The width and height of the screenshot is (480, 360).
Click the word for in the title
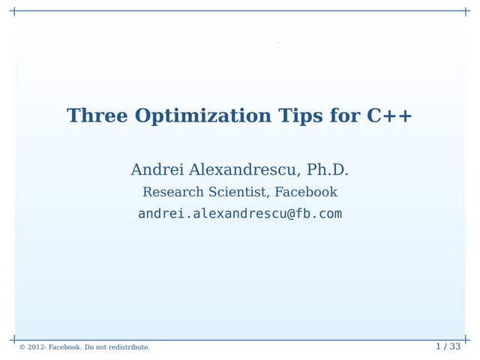pyautogui.click(x=345, y=116)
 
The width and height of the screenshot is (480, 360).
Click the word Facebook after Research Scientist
pyautogui.click(x=306, y=192)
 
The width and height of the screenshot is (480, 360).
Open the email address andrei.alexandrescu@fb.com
pyautogui.click(x=240, y=214)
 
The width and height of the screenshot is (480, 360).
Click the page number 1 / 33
pyautogui.click(x=448, y=346)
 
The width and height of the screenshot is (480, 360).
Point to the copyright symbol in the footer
pyautogui.click(x=22, y=347)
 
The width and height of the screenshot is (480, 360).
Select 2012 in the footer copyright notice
pyautogui.click(x=35, y=347)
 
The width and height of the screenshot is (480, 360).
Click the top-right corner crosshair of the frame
pyautogui.click(x=466, y=11)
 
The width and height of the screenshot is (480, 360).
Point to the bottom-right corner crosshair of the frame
pyautogui.click(x=466, y=340)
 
